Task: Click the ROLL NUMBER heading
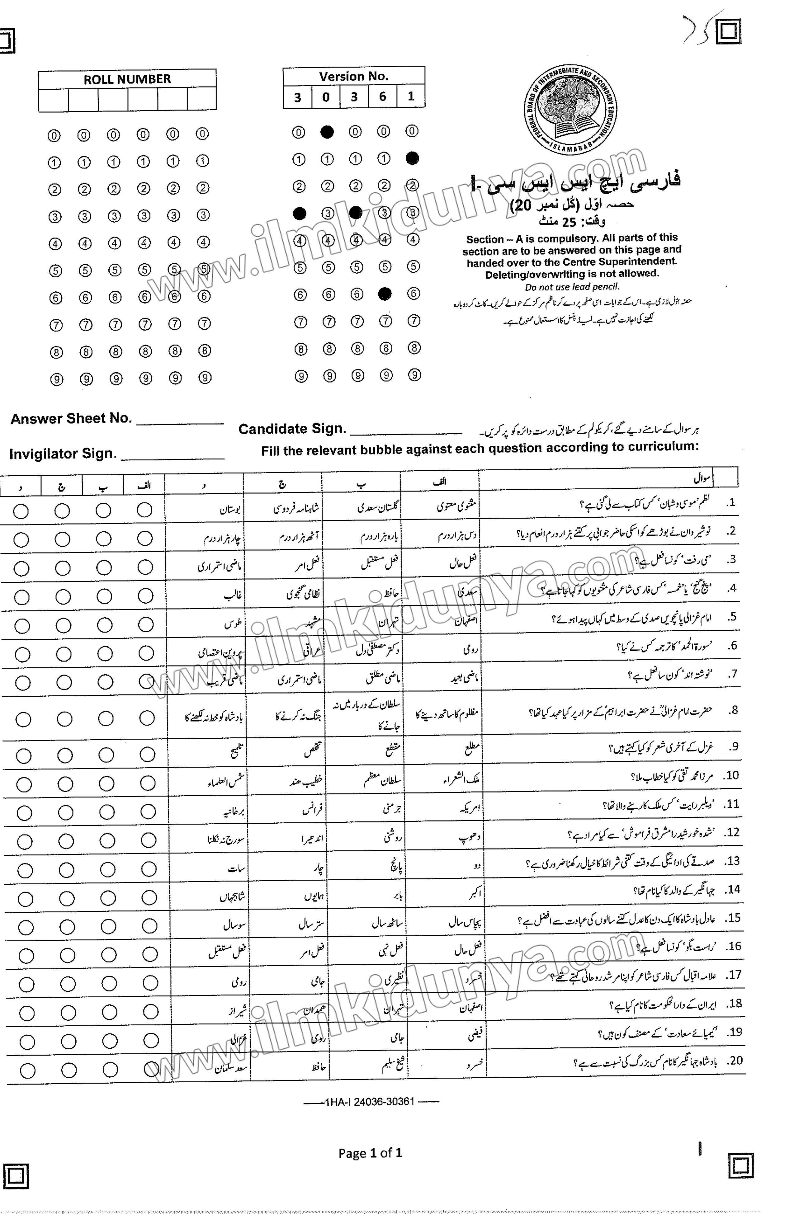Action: (127, 79)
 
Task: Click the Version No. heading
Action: (354, 77)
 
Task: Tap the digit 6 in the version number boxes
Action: (382, 96)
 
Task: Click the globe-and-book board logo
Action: (570, 110)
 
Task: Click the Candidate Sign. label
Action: (292, 429)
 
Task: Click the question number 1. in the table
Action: (731, 502)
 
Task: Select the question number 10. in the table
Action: (732, 775)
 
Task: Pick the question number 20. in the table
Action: (735, 1061)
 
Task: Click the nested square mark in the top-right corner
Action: (728, 32)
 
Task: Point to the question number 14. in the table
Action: (733, 889)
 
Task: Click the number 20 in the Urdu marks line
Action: (522, 205)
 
